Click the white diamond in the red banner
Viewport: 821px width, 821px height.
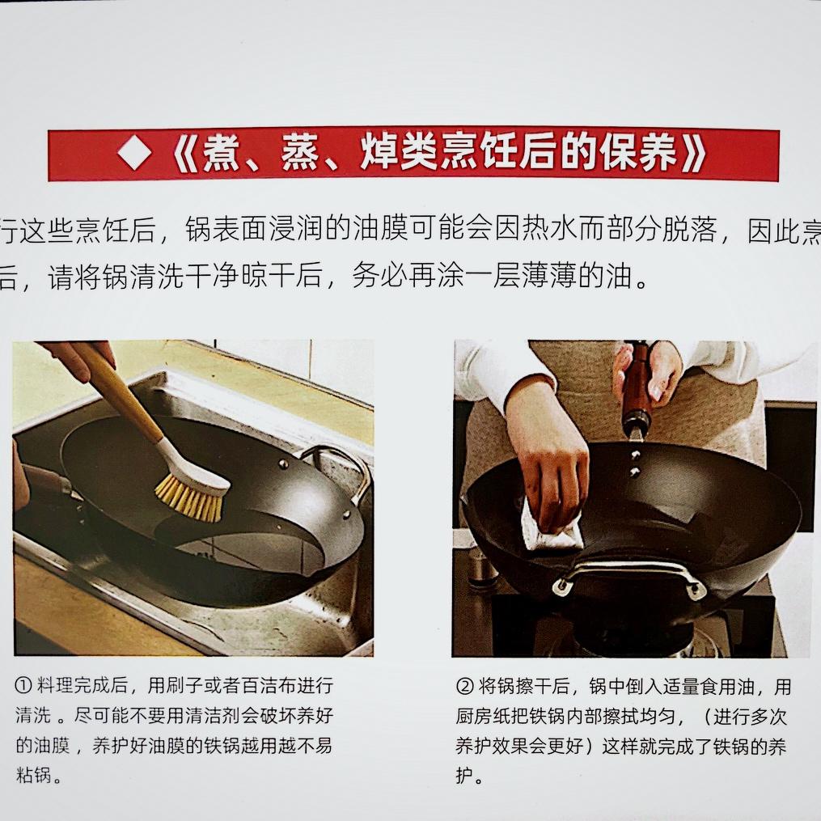pos(134,154)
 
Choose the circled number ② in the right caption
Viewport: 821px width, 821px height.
pos(464,687)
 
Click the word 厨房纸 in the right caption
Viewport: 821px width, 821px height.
pos(482,717)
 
